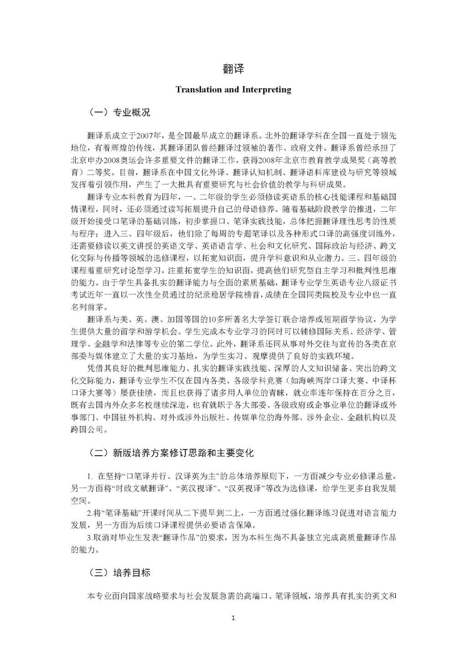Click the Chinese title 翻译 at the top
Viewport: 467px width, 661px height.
233,69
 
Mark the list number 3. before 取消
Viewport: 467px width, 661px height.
89,538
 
